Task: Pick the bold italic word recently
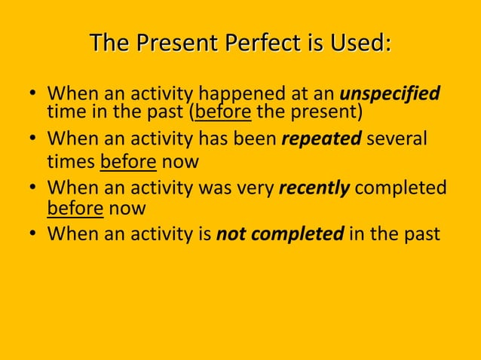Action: pyautogui.click(x=314, y=188)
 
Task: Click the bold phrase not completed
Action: pyautogui.click(x=280, y=234)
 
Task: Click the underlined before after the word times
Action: pyautogui.click(x=128, y=162)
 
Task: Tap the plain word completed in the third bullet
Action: pyautogui.click(x=400, y=188)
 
